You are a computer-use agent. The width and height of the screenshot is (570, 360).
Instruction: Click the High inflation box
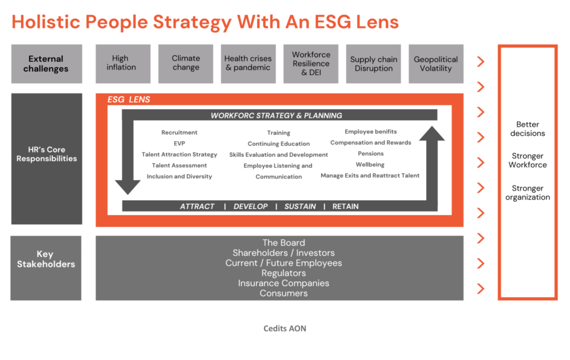click(x=123, y=64)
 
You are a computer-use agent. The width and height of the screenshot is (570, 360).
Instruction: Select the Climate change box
click(x=186, y=64)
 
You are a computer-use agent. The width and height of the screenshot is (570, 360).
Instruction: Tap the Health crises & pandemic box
click(x=248, y=64)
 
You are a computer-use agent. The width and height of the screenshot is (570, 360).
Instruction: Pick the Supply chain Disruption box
click(x=374, y=64)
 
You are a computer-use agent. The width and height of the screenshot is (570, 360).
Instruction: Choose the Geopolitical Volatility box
click(x=436, y=64)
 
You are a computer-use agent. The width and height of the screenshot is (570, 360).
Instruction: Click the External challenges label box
click(x=47, y=64)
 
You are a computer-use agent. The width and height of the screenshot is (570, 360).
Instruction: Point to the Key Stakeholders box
click(x=46, y=268)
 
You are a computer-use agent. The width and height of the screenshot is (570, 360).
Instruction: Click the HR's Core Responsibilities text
click(x=47, y=154)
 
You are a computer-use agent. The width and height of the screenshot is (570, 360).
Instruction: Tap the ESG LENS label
click(x=129, y=100)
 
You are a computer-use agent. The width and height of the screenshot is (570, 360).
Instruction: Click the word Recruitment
click(x=179, y=132)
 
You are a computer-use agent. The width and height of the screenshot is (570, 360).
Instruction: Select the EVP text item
click(x=179, y=144)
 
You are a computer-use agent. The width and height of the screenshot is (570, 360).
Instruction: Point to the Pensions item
click(x=371, y=154)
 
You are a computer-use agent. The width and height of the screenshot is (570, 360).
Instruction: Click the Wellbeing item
click(x=370, y=165)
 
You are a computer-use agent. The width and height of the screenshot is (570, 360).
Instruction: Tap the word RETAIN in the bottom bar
click(x=345, y=206)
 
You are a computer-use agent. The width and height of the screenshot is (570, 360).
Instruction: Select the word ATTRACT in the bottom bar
click(x=198, y=206)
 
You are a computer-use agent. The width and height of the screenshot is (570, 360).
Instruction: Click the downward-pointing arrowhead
click(x=127, y=187)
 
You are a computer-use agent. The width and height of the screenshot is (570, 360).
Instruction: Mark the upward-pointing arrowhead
click(x=432, y=134)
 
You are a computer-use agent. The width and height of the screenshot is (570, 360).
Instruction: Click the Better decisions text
click(x=528, y=129)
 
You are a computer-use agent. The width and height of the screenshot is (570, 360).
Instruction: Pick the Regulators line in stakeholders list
click(x=283, y=273)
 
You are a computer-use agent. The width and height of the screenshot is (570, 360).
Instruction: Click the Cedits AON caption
click(x=284, y=328)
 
